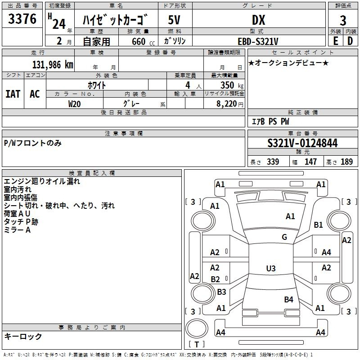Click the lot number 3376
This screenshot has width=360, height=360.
(x=22, y=19)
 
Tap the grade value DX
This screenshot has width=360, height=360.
(x=258, y=20)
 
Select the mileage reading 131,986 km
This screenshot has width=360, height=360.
(x=53, y=64)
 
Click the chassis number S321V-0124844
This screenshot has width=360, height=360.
(x=302, y=143)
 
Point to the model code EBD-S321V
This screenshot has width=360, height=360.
(x=258, y=41)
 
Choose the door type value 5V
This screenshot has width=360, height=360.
(x=175, y=20)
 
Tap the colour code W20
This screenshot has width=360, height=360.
(x=74, y=103)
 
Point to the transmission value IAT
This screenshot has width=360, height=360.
(x=13, y=94)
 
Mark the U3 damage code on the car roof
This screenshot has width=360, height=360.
(x=270, y=268)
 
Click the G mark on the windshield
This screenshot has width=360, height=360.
(x=284, y=237)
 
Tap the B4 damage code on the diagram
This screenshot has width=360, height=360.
(x=288, y=299)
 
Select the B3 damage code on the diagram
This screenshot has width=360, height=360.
(x=221, y=292)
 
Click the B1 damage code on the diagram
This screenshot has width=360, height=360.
(x=319, y=225)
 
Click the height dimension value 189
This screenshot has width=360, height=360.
(x=346, y=162)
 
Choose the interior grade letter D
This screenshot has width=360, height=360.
(x=350, y=41)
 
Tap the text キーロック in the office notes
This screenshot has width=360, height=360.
(x=23, y=336)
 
